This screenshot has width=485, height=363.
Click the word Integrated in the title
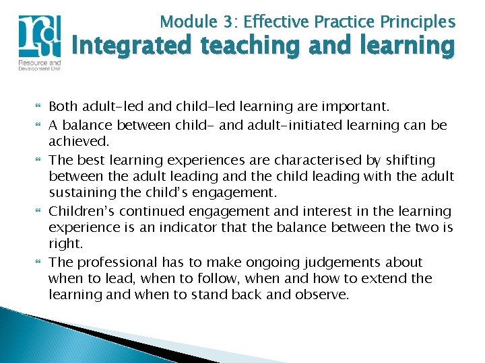[133, 47]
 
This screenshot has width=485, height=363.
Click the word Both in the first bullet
[63, 106]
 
